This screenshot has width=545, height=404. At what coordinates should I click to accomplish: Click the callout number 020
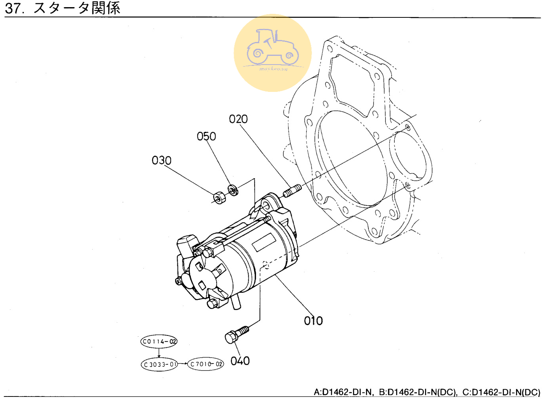[238, 119]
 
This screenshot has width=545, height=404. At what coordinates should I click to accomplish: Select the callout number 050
[206, 137]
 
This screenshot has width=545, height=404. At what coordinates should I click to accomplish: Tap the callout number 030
[162, 160]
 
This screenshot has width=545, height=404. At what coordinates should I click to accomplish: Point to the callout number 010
[313, 321]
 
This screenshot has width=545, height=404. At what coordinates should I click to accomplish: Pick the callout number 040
[240, 361]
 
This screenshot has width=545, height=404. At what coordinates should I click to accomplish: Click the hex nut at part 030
[219, 197]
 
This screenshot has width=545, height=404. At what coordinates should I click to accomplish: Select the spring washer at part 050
[233, 190]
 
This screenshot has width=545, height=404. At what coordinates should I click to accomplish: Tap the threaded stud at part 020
[292, 191]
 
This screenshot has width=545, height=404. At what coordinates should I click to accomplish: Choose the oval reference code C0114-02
[159, 341]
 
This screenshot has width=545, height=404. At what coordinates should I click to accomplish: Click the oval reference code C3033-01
[159, 364]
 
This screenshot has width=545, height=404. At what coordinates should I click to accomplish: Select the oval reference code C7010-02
[206, 364]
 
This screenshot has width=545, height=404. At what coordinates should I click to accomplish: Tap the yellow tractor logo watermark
[272, 53]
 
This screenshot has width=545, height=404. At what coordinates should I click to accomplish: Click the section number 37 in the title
[14, 8]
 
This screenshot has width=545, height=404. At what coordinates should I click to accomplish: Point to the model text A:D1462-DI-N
[343, 392]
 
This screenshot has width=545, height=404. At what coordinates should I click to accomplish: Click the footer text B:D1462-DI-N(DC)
[417, 392]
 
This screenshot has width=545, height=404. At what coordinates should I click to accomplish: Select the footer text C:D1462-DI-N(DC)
[501, 392]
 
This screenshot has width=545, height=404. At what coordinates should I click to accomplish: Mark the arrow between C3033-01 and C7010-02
[183, 364]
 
